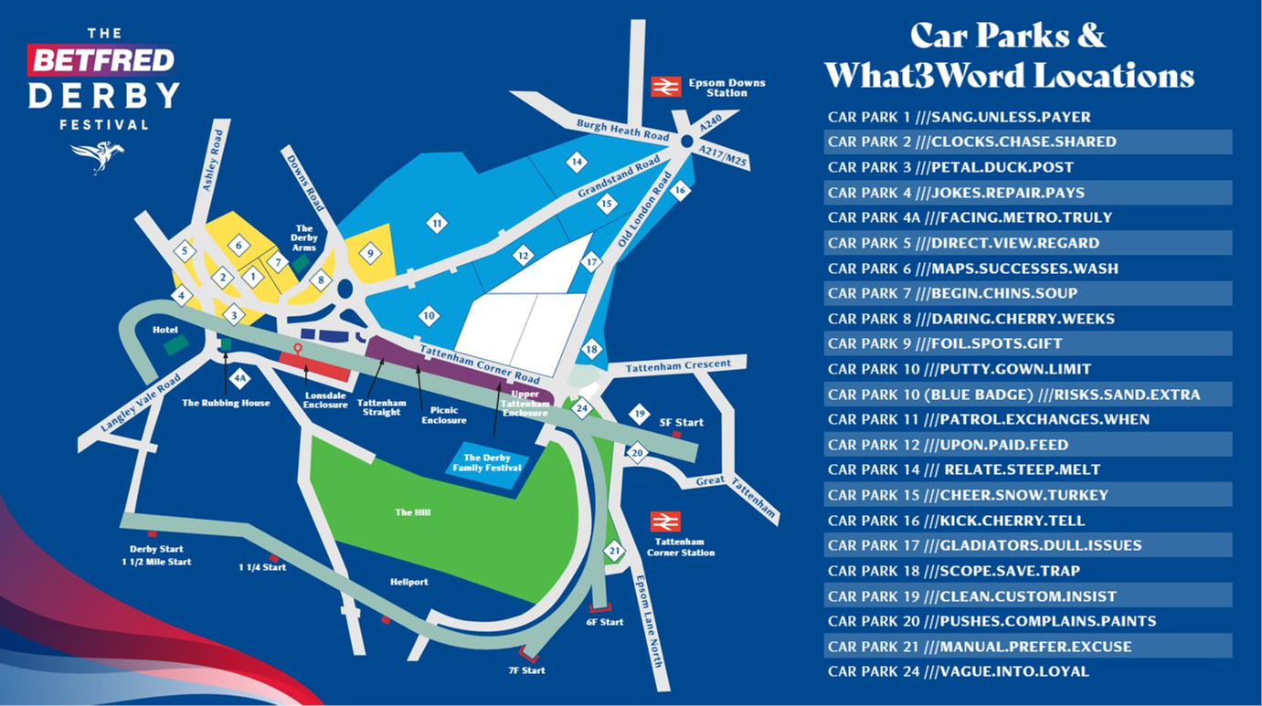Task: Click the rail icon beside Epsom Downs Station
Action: (x=665, y=87)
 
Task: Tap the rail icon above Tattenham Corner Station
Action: (x=665, y=522)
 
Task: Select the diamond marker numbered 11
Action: (x=437, y=223)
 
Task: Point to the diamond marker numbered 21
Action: (x=614, y=551)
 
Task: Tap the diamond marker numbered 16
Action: (x=679, y=192)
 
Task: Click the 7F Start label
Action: (x=527, y=670)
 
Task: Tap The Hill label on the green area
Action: (x=412, y=512)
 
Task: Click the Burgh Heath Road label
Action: (x=610, y=130)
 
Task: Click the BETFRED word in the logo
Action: (x=101, y=61)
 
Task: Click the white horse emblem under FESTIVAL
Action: (x=97, y=156)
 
